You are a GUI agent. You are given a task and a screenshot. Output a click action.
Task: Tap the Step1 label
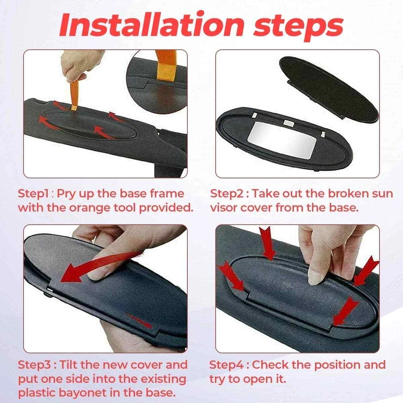tap(33, 194)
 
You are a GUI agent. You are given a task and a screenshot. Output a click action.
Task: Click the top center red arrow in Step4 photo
tap(267, 242)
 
